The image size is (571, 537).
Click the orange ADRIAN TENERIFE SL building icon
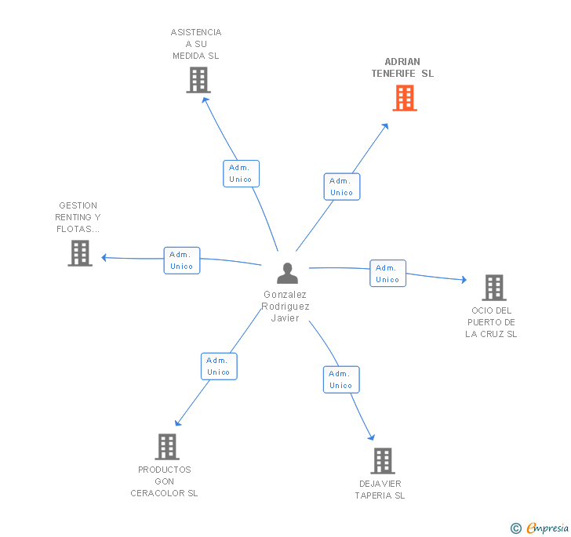[x=404, y=98]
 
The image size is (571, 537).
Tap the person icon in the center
[x=288, y=274]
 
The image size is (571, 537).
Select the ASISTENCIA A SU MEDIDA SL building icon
[x=198, y=80]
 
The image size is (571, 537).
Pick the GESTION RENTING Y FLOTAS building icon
[x=80, y=253]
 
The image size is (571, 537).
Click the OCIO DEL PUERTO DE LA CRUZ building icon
[x=493, y=288]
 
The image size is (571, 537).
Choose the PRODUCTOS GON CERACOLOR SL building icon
[x=166, y=447]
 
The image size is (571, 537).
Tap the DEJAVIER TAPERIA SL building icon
[x=382, y=461]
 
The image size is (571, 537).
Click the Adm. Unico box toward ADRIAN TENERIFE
[x=341, y=187]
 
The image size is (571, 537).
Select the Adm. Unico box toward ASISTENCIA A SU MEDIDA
[x=240, y=173]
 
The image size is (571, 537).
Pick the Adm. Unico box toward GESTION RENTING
[x=181, y=260]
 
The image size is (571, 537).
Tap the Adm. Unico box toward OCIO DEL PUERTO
[x=387, y=273]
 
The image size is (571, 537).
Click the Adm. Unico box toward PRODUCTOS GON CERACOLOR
[x=218, y=366]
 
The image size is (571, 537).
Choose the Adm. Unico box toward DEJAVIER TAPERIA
[x=340, y=379]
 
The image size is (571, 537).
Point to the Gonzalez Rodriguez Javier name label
[x=285, y=307]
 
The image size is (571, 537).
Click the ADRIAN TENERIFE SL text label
[x=402, y=67]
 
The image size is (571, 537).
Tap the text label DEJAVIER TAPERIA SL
[x=380, y=489]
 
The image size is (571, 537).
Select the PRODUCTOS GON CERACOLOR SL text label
[x=165, y=481]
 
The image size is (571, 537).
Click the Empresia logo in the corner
[x=540, y=528]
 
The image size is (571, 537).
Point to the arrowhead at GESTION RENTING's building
[x=104, y=257]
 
